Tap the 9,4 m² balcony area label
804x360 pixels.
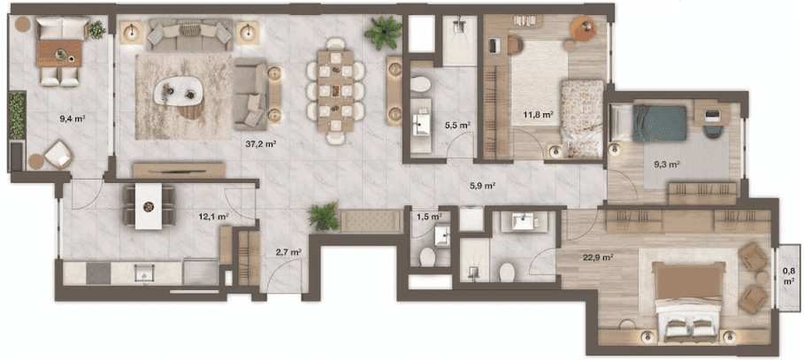73,119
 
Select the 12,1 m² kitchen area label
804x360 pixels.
213,217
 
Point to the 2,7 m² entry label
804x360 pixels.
288,252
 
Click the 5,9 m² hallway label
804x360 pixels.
482,187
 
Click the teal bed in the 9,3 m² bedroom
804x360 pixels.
659,124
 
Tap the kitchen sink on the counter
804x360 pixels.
144,273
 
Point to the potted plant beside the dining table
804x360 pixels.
383,32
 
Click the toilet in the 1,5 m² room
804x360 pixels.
427,257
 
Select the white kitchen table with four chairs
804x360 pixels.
149,205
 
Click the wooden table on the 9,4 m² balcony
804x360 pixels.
59,53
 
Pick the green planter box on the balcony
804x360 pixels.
17,115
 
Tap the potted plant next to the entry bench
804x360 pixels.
324,216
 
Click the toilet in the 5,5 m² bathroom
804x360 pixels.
422,84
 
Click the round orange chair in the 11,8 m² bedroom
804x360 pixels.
584,28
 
